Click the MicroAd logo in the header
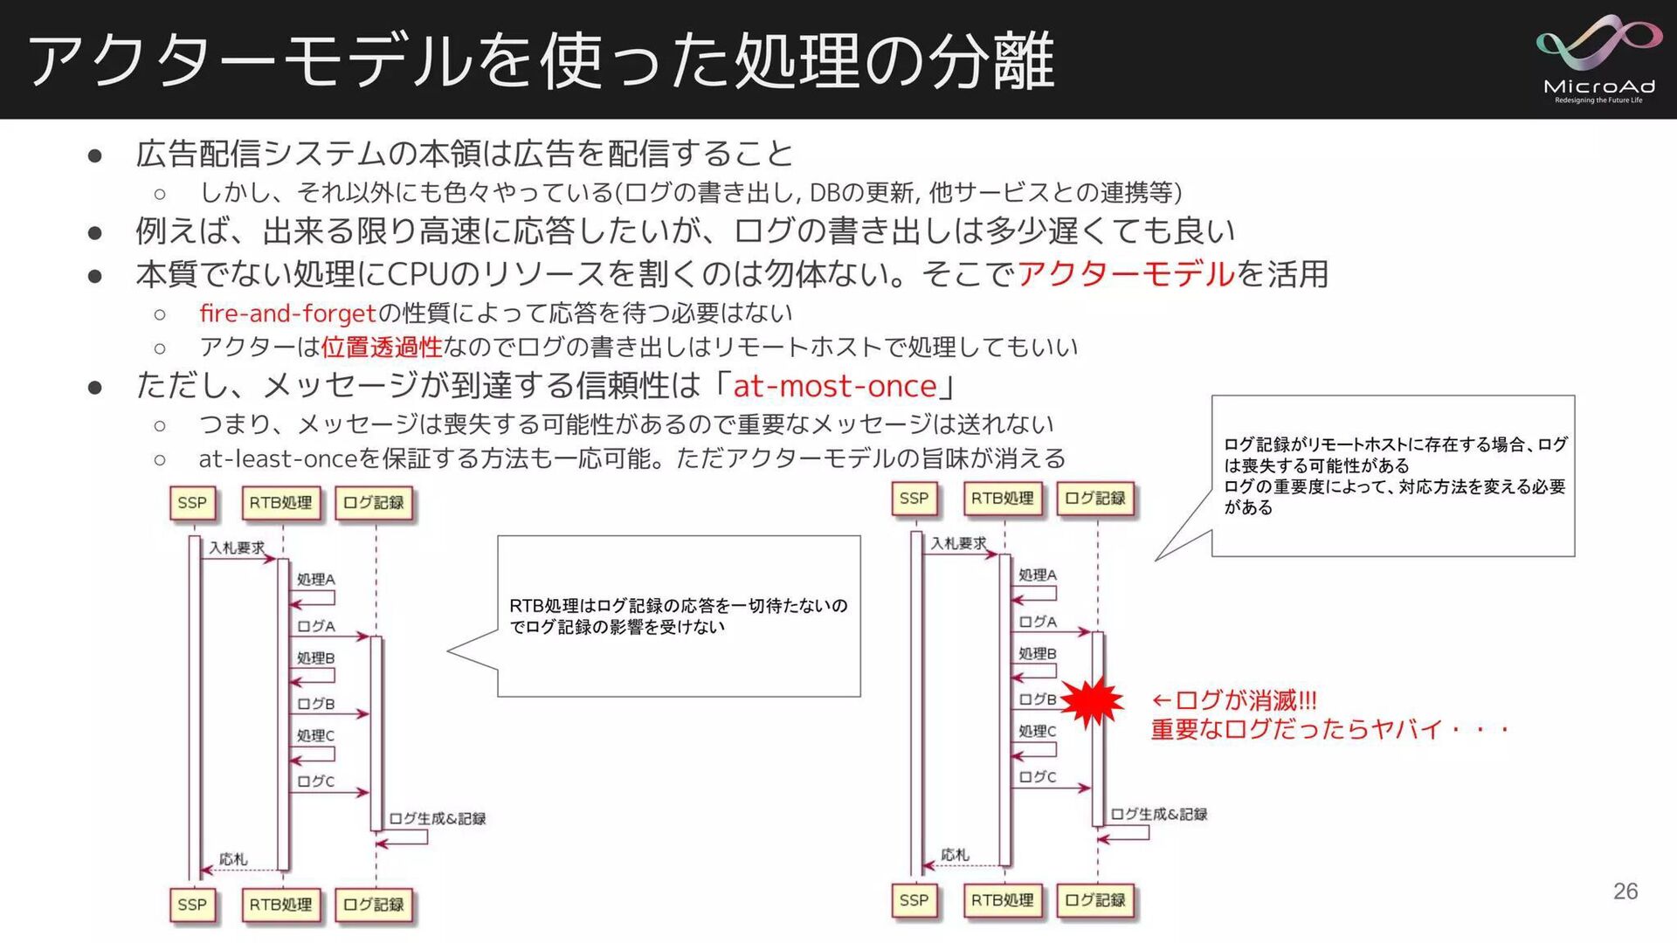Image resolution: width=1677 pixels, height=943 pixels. (x=1598, y=59)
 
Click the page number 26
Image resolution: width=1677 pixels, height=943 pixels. (x=1625, y=891)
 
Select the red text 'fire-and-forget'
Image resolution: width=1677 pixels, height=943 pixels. (x=287, y=313)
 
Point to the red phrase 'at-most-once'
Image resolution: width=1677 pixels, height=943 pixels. (x=834, y=385)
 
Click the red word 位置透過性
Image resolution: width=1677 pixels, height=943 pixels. (x=382, y=347)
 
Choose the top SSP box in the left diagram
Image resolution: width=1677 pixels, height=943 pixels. (x=192, y=503)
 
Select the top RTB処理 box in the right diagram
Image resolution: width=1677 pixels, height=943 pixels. (x=1002, y=499)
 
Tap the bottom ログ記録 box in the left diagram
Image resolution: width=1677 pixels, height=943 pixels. (x=374, y=905)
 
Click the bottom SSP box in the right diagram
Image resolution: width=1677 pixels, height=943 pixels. (x=914, y=900)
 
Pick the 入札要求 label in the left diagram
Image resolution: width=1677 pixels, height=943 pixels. (x=236, y=547)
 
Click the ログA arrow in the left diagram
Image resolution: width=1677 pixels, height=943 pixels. (x=329, y=637)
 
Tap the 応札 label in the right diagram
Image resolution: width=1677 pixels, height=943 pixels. (x=955, y=855)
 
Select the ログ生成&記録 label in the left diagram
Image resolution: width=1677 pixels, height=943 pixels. (x=437, y=818)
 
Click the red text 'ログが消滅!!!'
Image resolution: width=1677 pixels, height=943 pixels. (x=1233, y=700)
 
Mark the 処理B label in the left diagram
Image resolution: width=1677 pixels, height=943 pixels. (x=315, y=657)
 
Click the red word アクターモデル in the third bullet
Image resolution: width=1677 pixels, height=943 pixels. (x=1126, y=273)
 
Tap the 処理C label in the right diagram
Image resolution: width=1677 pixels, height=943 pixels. (x=1037, y=731)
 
